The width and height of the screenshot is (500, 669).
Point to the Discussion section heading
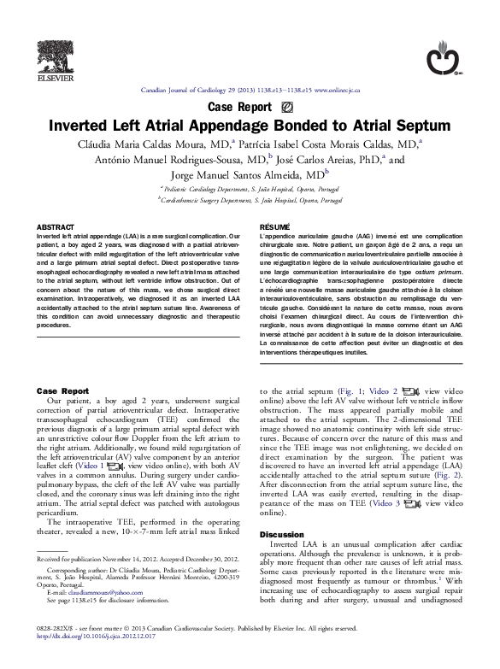(x=282, y=533)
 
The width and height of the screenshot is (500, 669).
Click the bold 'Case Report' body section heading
(x=63, y=390)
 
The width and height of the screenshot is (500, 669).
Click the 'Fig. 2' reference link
(x=449, y=474)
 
